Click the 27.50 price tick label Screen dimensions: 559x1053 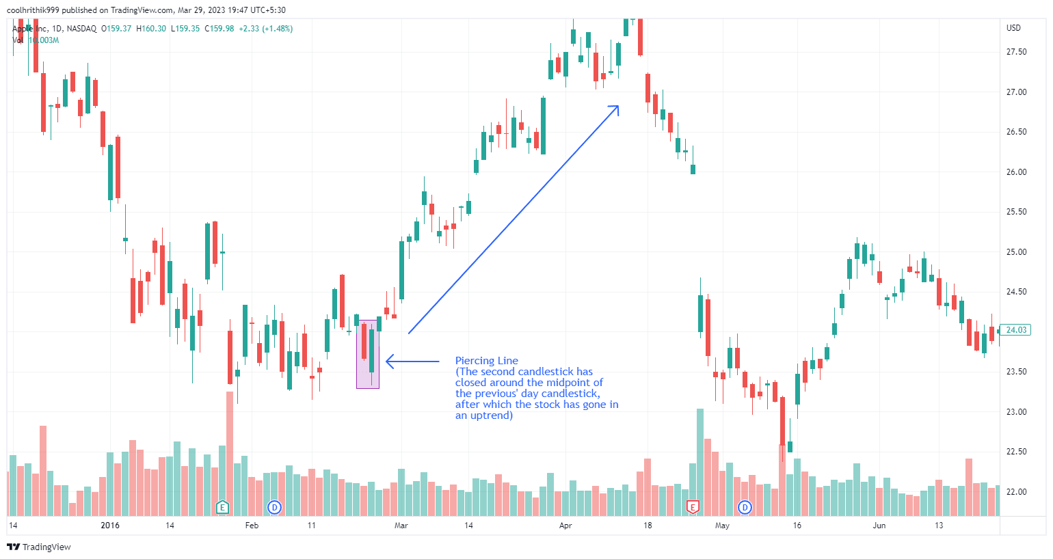coord(1016,52)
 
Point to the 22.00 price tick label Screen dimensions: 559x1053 coord(1016,492)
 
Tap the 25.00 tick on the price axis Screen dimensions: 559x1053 coord(1016,252)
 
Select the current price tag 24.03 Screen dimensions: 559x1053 coord(1016,330)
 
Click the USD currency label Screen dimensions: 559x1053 coord(1013,28)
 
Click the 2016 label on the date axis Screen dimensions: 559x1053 coord(110,526)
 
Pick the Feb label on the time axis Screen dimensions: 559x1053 coord(252,526)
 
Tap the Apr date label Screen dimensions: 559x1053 coord(565,526)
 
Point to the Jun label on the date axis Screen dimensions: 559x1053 coord(879,526)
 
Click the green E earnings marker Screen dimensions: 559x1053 coord(222,507)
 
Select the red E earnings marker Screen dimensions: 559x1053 coord(693,507)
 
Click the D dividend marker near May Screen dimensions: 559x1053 coord(745,507)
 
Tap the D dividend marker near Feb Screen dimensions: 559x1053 coord(274,507)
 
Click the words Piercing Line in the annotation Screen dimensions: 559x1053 coord(487,361)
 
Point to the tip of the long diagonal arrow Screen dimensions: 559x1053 coord(617,106)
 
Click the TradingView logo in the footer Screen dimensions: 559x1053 coord(39,547)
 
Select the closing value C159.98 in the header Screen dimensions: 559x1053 coord(219,29)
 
